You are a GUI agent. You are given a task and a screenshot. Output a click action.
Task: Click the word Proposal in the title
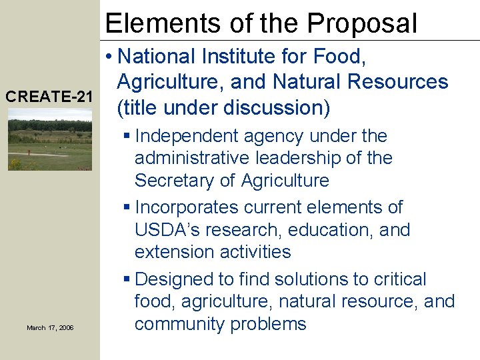[363, 23]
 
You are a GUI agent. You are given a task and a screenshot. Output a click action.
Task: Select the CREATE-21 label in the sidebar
[49, 97]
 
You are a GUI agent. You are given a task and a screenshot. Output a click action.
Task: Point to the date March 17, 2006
[50, 327]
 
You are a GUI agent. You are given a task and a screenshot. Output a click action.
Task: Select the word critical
[399, 279]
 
